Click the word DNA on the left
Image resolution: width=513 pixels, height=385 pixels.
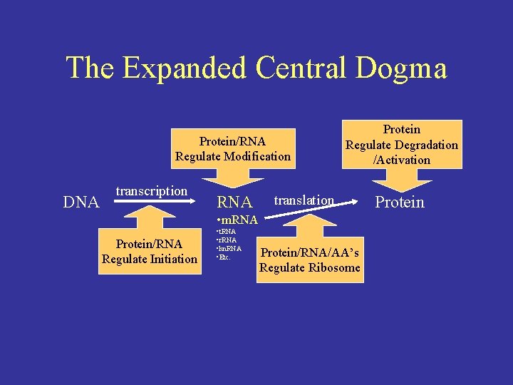[81, 202]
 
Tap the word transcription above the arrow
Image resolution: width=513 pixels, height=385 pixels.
[151, 191]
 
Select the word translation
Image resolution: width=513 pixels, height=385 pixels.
[304, 200]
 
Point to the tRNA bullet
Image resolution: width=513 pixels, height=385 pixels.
[227, 232]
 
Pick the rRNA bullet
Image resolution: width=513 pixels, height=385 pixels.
[227, 240]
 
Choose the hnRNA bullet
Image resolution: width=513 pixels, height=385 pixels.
[229, 248]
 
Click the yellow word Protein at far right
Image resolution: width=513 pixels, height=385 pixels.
[400, 202]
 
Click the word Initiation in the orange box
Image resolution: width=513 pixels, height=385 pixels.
[171, 259]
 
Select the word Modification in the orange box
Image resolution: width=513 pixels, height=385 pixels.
[255, 156]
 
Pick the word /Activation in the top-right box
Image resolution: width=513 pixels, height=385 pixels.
[402, 160]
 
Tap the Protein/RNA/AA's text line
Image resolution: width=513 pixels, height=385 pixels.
[310, 253]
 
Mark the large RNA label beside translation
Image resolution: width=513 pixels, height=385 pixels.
[234, 203]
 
